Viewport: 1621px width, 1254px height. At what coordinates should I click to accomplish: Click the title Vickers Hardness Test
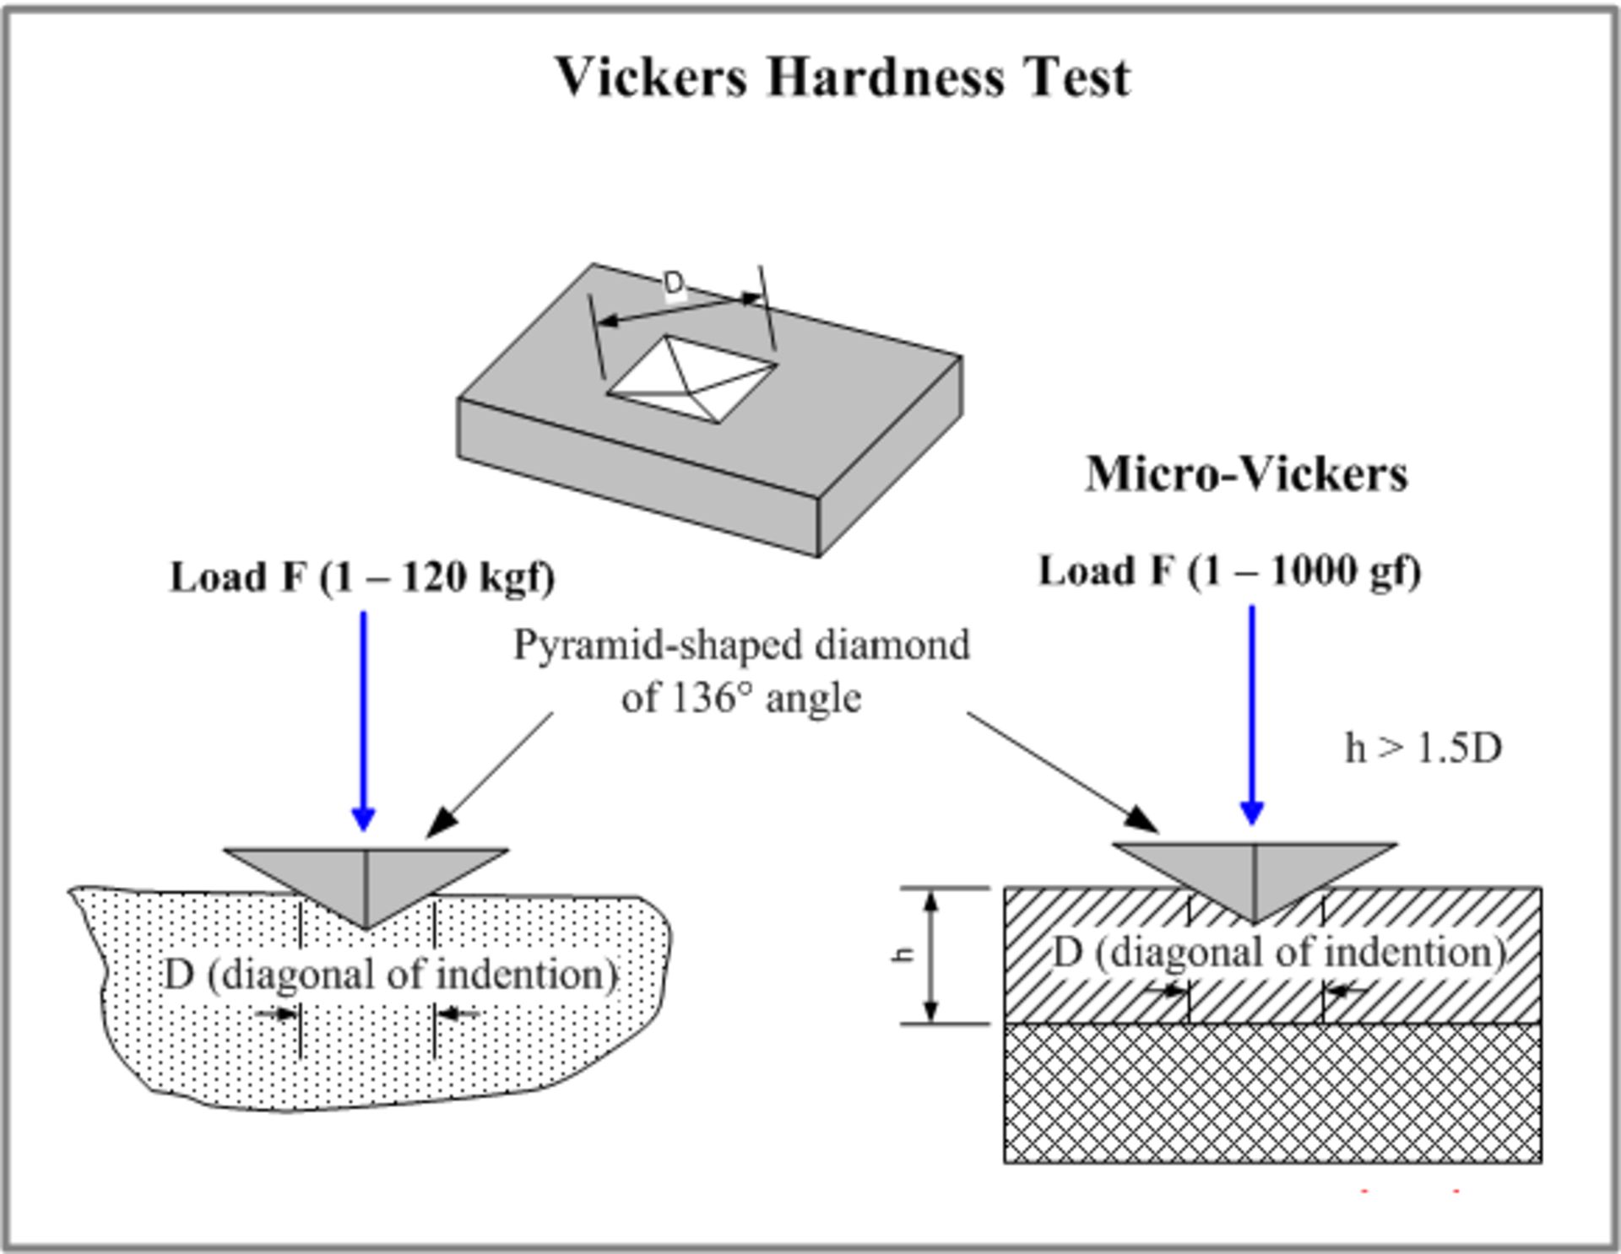(843, 77)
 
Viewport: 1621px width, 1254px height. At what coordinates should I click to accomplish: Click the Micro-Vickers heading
(1246, 473)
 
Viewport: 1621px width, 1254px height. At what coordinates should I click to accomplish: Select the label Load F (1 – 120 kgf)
(362, 577)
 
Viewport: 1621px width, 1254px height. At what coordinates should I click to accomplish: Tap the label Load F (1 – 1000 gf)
(1229, 571)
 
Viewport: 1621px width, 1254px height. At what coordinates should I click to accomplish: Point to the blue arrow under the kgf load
(364, 717)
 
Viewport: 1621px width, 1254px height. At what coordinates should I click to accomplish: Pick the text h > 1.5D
(1423, 748)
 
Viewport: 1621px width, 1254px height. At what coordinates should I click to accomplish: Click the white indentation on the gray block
(691, 379)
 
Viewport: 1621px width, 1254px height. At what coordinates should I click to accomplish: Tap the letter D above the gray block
(674, 283)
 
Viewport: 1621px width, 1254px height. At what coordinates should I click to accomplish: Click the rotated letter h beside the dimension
(904, 954)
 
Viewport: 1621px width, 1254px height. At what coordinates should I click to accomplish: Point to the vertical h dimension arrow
(931, 957)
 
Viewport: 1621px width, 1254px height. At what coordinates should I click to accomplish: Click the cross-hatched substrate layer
(1272, 1094)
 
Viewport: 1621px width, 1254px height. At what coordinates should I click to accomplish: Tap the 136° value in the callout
(708, 698)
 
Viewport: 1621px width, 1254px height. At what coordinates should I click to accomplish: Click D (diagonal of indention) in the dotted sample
(391, 975)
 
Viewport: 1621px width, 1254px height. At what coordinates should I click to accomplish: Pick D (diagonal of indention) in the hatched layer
(1280, 953)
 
